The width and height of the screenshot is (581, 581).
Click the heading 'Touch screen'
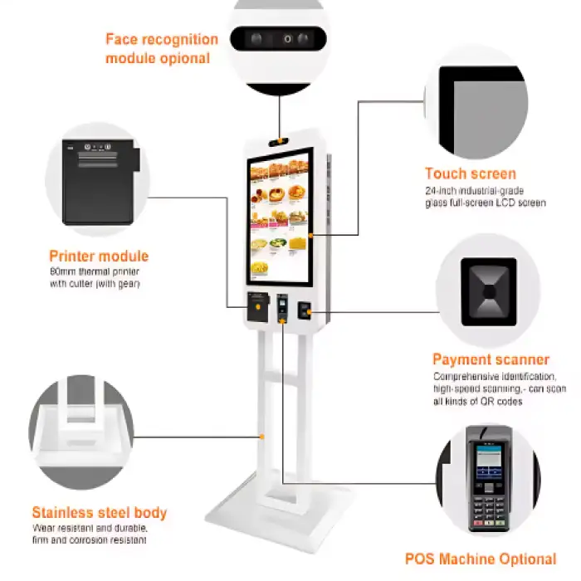[x=470, y=173]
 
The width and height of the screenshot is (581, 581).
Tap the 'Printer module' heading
[x=99, y=256]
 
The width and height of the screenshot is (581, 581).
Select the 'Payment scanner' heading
[x=491, y=359]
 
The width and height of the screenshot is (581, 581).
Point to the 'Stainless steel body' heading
[x=100, y=512]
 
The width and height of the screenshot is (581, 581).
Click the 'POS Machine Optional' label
[x=480, y=559]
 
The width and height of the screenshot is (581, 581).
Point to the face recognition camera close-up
[x=280, y=38]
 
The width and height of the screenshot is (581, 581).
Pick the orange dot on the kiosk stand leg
[x=261, y=435]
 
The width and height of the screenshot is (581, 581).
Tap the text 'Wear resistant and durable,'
[x=90, y=528]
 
